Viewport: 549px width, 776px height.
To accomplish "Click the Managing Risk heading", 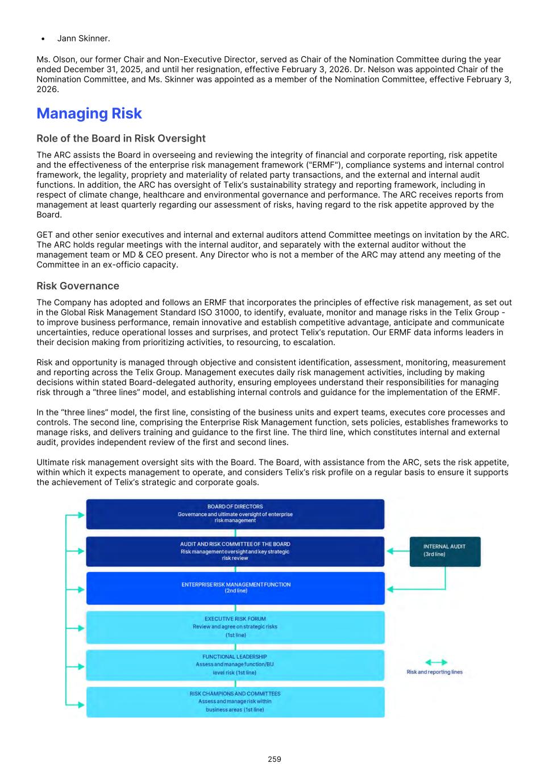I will pyautogui.click(x=89, y=114).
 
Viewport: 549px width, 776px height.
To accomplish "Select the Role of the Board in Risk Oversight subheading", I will pyautogui.click(x=121, y=139).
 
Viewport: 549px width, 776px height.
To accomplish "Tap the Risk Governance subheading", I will pyautogui.click(x=78, y=286).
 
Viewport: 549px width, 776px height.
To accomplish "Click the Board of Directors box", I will pyautogui.click(x=235, y=514).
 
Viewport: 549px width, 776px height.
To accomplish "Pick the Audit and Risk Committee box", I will pyautogui.click(x=235, y=551).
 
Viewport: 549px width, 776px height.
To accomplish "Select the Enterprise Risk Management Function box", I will pyautogui.click(x=235, y=588).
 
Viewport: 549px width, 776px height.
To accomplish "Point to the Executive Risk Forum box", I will pyautogui.click(x=235, y=627).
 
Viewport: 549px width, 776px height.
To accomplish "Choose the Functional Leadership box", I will pyautogui.click(x=235, y=665).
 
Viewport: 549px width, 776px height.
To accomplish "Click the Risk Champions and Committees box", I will pyautogui.click(x=235, y=702).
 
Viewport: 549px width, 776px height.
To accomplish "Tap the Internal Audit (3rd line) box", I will pyautogui.click(x=444, y=551).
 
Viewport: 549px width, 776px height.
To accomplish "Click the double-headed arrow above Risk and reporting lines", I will pyautogui.click(x=436, y=662).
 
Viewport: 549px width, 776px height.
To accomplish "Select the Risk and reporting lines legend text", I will pyautogui.click(x=435, y=672).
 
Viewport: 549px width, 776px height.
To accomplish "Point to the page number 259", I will pyautogui.click(x=274, y=759).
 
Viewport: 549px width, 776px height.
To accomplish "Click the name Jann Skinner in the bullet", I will pyautogui.click(x=84, y=39).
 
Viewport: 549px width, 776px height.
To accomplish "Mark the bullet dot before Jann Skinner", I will pyautogui.click(x=43, y=39).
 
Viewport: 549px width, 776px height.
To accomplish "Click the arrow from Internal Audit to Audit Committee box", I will pyautogui.click(x=397, y=551).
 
